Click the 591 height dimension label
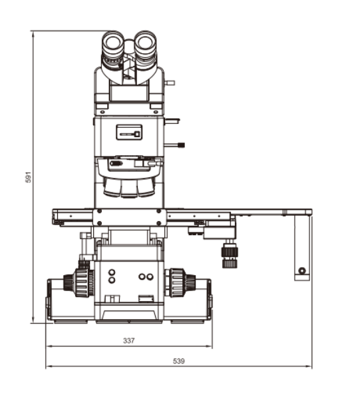(28, 177)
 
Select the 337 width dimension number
(129, 340)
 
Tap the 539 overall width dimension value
(179, 361)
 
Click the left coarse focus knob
(79, 282)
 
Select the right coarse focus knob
(180, 282)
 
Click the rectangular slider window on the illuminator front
(129, 133)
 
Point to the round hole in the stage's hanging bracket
(302, 270)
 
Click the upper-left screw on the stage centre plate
(99, 211)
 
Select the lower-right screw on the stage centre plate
(159, 223)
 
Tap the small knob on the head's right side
(170, 83)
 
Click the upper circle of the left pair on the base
(112, 272)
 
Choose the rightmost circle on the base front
(150, 277)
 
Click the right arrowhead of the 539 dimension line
(309, 366)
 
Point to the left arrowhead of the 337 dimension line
(49, 346)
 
